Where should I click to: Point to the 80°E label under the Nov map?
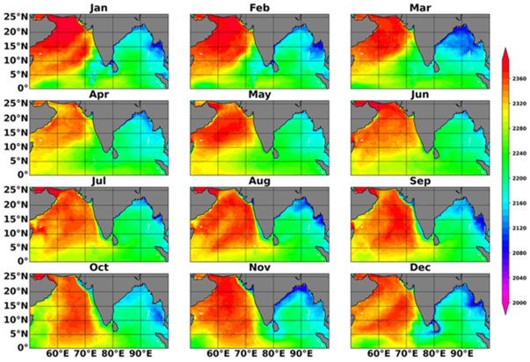pos(272,353)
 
